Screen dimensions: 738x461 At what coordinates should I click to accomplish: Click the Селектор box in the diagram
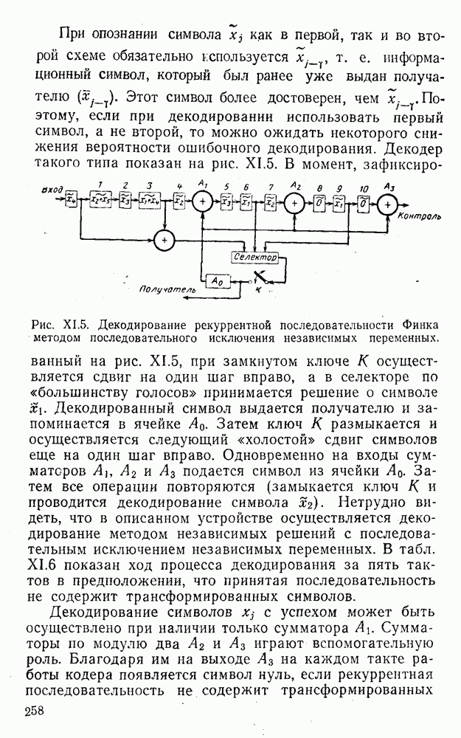tap(252, 258)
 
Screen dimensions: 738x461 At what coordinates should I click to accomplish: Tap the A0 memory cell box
tap(216, 280)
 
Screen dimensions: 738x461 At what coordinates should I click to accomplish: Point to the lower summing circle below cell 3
tap(164, 238)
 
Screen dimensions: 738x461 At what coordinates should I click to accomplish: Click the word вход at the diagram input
tap(52, 188)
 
